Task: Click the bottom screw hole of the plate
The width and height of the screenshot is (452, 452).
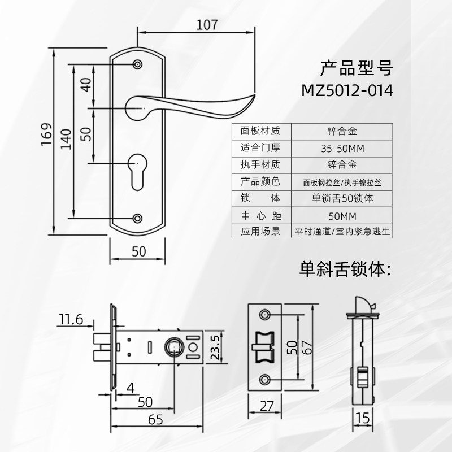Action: pos(137,218)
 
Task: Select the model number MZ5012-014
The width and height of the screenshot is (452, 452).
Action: pos(347,91)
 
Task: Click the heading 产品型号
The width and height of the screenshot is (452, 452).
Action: pos(355,68)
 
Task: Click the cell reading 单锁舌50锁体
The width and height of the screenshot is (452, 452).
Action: pos(341,199)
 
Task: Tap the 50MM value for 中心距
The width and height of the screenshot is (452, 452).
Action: pos(341,216)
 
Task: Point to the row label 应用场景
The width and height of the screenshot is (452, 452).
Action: pos(260,232)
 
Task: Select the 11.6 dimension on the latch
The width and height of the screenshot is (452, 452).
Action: pos(70,320)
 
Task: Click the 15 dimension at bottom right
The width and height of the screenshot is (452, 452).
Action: pos(364,419)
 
